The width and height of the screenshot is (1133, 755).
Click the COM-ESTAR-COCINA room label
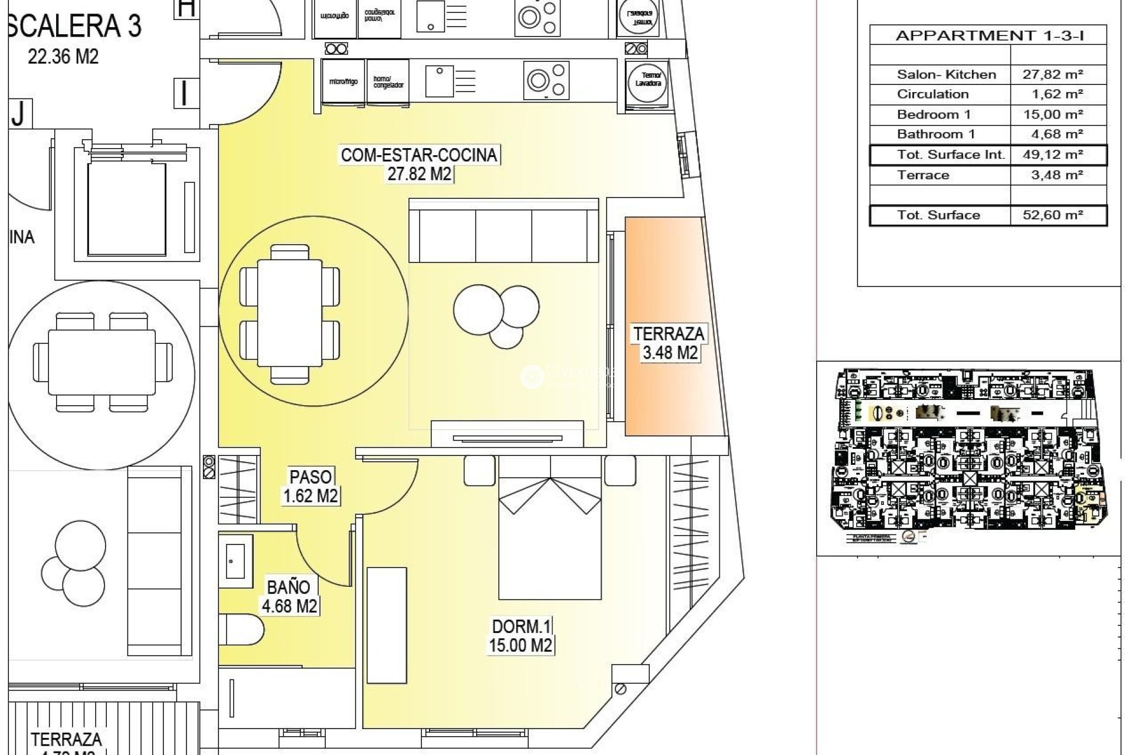pyautogui.click(x=419, y=156)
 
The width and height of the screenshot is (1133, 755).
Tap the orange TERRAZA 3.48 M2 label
pyautogui.click(x=669, y=343)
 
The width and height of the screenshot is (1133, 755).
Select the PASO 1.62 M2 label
pyautogui.click(x=311, y=486)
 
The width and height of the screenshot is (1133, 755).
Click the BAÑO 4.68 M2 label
pyautogui.click(x=289, y=596)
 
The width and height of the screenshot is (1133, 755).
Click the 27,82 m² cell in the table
pyautogui.click(x=1053, y=74)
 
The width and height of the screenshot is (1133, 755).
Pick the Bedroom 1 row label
pyautogui.click(x=933, y=114)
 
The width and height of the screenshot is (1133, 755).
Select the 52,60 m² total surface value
pyautogui.click(x=1053, y=215)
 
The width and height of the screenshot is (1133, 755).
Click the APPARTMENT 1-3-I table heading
pyautogui.click(x=989, y=35)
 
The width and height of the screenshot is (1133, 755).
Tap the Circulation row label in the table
pyautogui.click(x=932, y=94)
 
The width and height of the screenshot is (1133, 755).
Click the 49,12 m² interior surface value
pyautogui.click(x=1053, y=155)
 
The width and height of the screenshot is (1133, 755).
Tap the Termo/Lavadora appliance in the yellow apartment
pyautogui.click(x=648, y=80)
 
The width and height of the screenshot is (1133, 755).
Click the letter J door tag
pyautogui.click(x=18, y=114)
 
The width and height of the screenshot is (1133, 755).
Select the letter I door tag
pyautogui.click(x=185, y=93)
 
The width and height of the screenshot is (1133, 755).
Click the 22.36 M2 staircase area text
pyautogui.click(x=63, y=57)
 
